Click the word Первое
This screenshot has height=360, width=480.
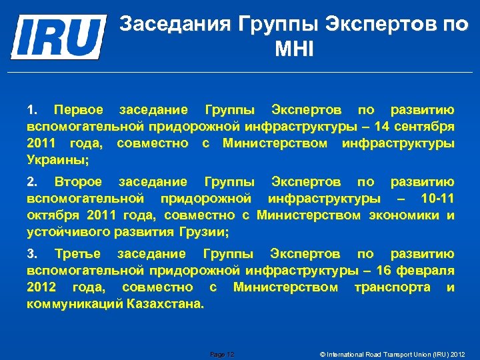[79, 109]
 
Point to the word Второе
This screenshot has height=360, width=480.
[79, 181]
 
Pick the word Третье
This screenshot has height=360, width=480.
[78, 253]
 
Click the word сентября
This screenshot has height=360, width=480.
[425, 126]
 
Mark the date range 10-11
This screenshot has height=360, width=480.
[437, 199]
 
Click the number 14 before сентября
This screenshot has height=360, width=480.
[383, 126]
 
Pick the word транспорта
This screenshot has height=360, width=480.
[393, 287]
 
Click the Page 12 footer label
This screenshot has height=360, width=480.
[222, 354]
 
